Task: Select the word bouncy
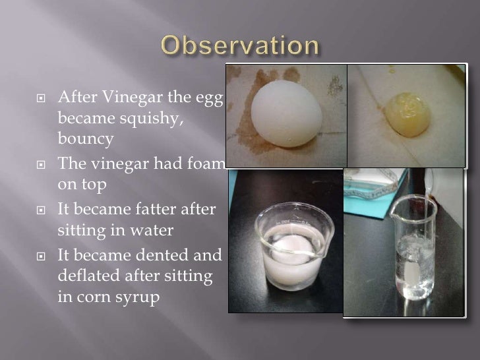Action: [86, 140]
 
